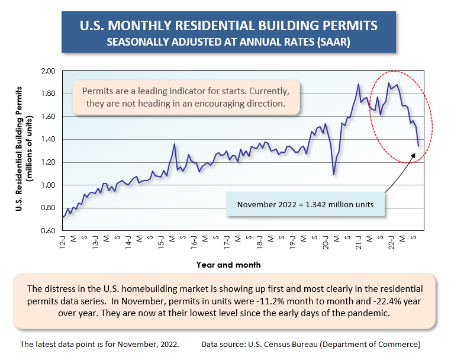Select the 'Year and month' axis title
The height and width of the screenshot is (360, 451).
[x=228, y=265]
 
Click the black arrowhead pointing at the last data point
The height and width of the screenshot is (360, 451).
[x=418, y=154]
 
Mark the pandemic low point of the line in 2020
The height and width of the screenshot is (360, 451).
[x=334, y=174]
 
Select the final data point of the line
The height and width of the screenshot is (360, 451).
[x=418, y=146]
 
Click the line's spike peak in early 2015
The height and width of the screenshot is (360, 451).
[x=174, y=144]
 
